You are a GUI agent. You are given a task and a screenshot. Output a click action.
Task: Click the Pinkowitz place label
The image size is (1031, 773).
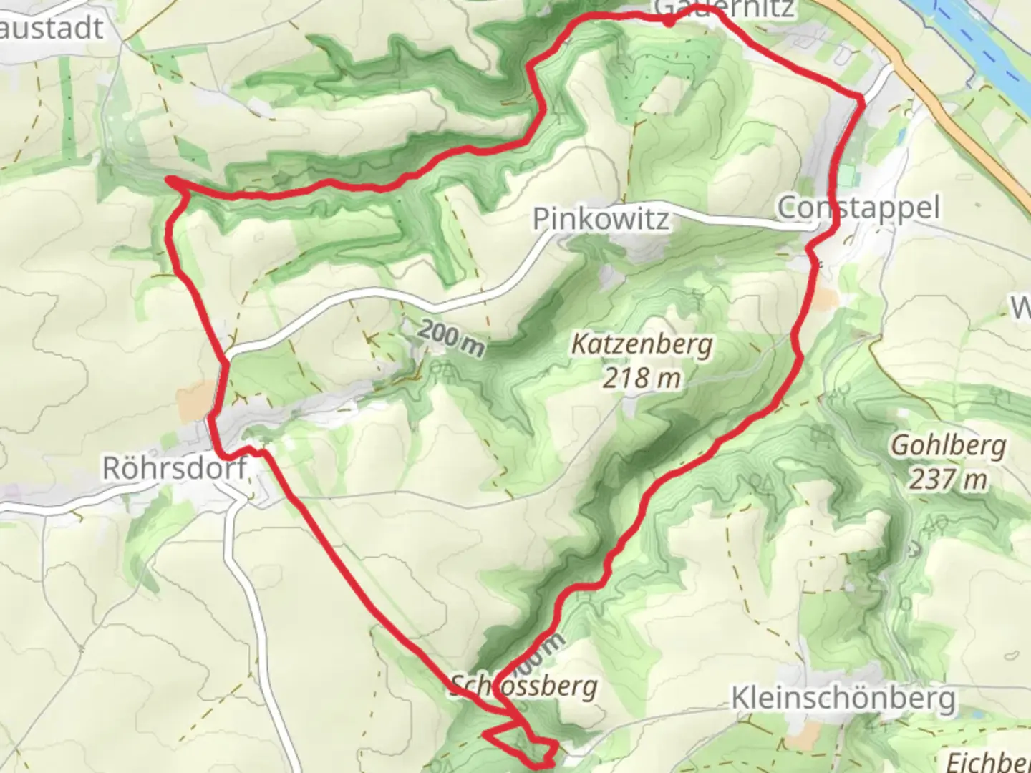(x=601, y=219)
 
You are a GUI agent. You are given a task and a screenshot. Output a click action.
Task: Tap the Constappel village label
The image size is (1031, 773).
(x=858, y=208)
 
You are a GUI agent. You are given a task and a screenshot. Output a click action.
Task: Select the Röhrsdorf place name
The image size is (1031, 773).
(x=175, y=468)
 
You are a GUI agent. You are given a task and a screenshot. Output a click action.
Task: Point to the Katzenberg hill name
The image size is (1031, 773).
(x=642, y=344)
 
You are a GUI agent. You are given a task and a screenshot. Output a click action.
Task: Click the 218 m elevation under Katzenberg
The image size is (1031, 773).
(x=642, y=376)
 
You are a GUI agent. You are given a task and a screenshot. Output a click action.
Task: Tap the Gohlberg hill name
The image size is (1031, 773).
(x=948, y=446)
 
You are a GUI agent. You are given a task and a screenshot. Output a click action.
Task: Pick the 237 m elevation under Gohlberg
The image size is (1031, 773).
(x=948, y=478)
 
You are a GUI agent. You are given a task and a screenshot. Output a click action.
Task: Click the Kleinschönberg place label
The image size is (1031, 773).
(x=843, y=698)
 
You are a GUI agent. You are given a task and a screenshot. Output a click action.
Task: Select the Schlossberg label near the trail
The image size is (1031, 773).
(x=524, y=686)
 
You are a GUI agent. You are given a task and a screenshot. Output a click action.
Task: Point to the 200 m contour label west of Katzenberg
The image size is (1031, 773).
(x=451, y=338)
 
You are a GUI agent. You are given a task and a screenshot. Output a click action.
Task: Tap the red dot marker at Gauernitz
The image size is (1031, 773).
(x=668, y=21)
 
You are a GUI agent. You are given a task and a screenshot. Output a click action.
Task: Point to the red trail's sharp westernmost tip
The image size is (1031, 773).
(x=170, y=180)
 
